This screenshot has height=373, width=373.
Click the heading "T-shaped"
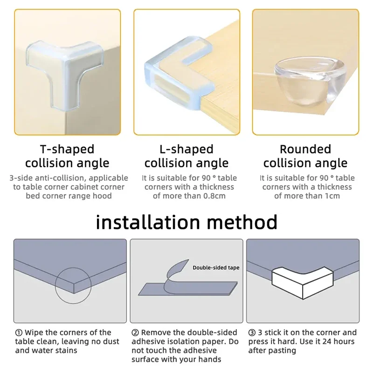tap(67, 149)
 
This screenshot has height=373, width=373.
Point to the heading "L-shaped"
tap(186, 149)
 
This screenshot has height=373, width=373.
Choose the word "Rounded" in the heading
tap(305, 149)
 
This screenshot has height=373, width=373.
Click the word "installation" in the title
tap(148, 222)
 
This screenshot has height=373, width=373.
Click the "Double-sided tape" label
tap(216, 268)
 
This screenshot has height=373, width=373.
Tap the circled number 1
tap(19, 332)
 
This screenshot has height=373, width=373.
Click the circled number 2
tap(135, 332)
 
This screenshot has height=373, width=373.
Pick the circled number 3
tap(252, 332)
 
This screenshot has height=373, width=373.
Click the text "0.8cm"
tap(214, 196)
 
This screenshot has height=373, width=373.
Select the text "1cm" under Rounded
tap(332, 196)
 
